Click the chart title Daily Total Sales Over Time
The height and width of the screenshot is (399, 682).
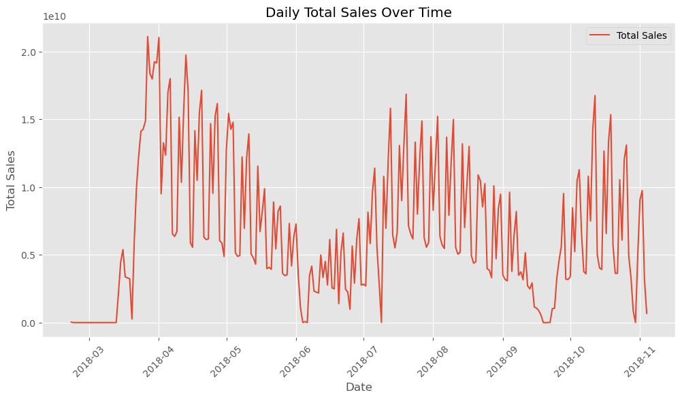point(358,12)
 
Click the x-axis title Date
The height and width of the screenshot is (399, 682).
point(358,387)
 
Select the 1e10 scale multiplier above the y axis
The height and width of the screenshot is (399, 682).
point(54,16)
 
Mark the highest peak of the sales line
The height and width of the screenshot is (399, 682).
point(148,36)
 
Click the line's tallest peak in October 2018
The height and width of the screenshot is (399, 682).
point(595,95)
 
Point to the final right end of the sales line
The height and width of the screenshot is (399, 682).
point(647,313)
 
